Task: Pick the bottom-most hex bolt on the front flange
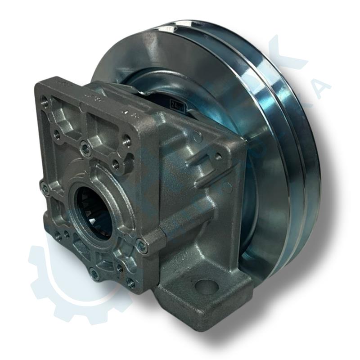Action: (x=94, y=273)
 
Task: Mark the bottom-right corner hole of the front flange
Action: (x=130, y=283)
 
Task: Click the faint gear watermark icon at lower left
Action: (x=67, y=279)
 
